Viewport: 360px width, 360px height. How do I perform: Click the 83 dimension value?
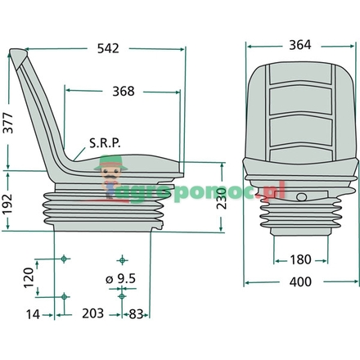[x=137, y=313]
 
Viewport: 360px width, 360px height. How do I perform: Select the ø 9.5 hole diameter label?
[x=122, y=278]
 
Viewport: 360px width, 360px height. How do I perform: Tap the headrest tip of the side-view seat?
[x=17, y=56]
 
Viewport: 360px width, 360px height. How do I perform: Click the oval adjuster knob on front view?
[x=304, y=196]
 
